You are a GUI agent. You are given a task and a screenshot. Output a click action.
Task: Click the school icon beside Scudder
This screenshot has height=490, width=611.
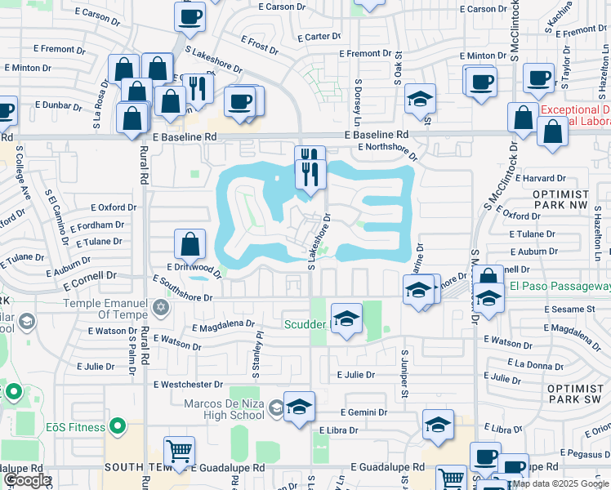point(346,318)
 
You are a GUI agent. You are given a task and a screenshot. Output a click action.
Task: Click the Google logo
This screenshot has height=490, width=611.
point(27,480)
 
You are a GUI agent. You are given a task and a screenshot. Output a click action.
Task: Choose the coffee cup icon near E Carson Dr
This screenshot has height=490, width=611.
point(190,17)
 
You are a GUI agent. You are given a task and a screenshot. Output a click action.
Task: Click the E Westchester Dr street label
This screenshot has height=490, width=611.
point(187,384)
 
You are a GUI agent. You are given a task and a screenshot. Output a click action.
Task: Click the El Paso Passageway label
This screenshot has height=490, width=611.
point(560,287)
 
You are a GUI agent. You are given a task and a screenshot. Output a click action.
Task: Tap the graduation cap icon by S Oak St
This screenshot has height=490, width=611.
point(421,99)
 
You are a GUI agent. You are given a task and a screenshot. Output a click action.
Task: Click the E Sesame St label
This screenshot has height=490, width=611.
point(571,310)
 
